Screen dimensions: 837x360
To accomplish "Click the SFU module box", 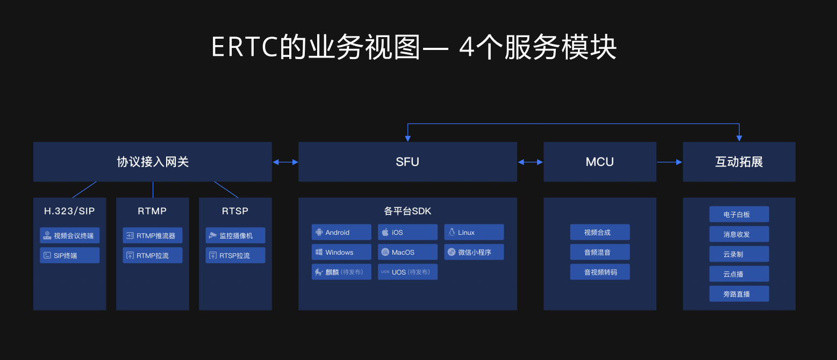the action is point(407,162).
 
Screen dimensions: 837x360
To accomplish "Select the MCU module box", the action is point(600,162).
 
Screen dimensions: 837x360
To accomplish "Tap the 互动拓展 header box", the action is point(739,162).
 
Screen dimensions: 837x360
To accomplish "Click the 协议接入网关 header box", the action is point(153,162).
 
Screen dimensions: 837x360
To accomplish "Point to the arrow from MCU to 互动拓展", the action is point(670,162).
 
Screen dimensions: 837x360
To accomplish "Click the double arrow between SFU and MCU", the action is point(531,162).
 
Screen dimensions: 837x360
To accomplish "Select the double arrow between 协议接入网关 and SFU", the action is point(285,162).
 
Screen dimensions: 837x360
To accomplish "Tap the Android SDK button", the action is point(341,232).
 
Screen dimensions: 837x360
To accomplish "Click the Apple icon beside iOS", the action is point(385,232).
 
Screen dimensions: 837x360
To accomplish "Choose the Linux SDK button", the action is point(474,232).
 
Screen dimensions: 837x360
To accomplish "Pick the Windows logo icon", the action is point(319,252).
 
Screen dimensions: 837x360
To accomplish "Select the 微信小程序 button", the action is point(474,252).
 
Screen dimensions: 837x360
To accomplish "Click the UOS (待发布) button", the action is point(407,272).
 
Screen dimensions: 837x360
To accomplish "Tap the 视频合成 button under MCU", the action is point(600,232).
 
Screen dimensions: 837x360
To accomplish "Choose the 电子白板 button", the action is point(739,214).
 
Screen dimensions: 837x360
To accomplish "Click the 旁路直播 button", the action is point(739,294).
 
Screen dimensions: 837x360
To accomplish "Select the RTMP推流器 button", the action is point(153,236).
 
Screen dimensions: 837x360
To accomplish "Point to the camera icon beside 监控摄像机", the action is point(213,235).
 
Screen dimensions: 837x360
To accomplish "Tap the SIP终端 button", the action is point(70,255).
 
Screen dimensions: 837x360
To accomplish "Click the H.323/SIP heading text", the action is point(69,211).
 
